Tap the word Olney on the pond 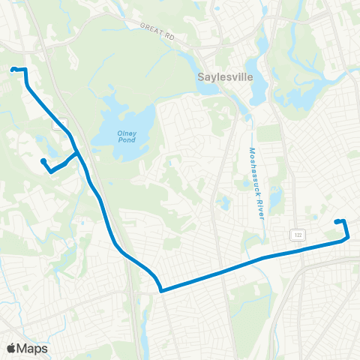[x=124, y=133]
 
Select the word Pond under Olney [x=124, y=141]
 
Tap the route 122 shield [x=298, y=235]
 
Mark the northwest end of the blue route [x=13, y=70]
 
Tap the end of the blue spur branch [x=43, y=160]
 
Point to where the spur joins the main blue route [x=78, y=154]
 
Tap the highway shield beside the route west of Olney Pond [x=58, y=123]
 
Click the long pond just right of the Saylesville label [x=258, y=86]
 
